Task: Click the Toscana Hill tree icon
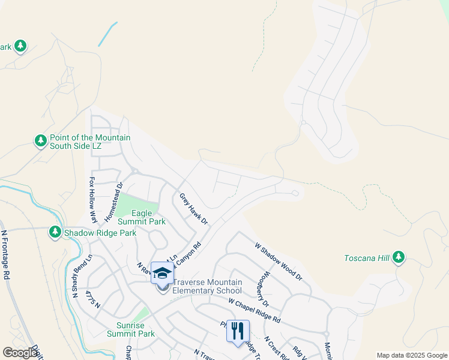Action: pos(399,258)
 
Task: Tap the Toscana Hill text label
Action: pos(367,259)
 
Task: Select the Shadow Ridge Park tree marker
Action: pos(55,232)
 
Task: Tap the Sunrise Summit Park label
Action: pos(131,329)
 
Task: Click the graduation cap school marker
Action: pos(162,274)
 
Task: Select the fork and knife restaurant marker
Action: pos(238,331)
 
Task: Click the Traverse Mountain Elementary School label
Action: pos(207,286)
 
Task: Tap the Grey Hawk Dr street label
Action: pos(193,209)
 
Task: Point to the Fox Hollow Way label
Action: pos(94,200)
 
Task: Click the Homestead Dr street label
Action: pos(113,200)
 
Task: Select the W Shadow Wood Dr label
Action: pos(278,261)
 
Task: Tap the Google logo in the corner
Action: pos(20,353)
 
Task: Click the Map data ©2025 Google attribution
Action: pos(412,355)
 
